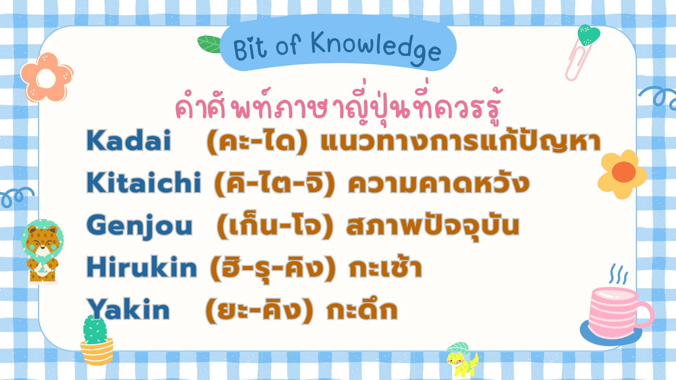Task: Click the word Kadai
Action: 129,141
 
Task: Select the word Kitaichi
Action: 144,182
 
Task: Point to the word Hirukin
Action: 142,267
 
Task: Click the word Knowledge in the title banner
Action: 376,48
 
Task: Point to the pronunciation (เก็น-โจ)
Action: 275,226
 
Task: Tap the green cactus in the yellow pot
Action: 96,340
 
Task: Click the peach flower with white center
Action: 47,77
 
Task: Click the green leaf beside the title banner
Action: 210,44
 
